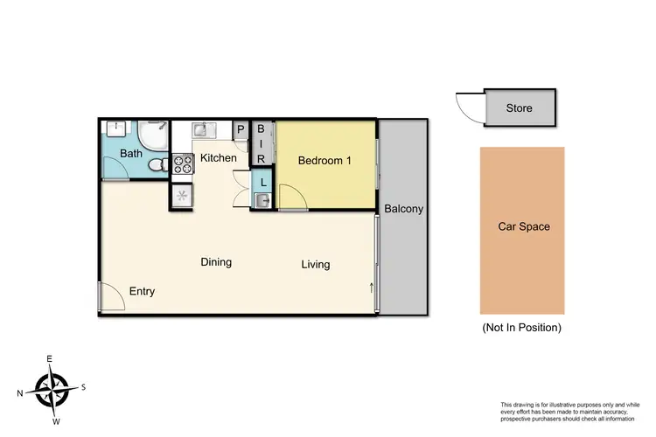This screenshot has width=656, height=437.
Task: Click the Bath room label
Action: (131, 155)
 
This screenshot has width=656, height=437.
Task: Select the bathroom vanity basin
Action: (115, 128)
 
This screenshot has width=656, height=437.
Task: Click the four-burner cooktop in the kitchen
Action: (183, 163)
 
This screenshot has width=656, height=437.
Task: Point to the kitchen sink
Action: (202, 130)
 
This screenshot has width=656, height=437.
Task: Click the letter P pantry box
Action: (241, 130)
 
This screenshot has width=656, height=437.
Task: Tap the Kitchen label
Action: (218, 158)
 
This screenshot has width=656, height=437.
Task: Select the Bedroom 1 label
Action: (325, 160)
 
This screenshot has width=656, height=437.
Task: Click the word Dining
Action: (216, 262)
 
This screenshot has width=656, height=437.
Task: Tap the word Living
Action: (316, 264)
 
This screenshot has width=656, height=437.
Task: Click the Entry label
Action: (142, 291)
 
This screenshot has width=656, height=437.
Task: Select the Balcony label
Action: (403, 209)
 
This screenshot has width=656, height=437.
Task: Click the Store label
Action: (520, 108)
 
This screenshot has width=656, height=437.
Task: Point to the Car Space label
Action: (524, 226)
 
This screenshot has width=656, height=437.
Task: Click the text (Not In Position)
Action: (521, 328)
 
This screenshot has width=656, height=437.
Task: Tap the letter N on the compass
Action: (20, 392)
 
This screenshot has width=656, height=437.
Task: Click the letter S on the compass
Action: (83, 387)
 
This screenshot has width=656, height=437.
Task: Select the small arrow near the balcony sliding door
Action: (371, 287)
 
